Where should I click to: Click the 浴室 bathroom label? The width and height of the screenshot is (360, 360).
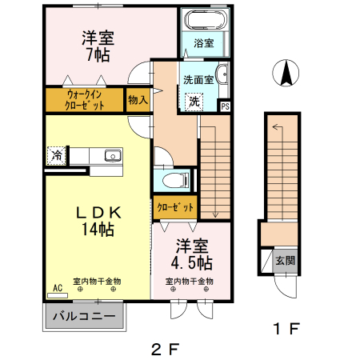(204, 44)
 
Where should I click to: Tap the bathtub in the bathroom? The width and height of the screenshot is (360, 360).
(205, 21)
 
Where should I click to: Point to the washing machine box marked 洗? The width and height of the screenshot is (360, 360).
(194, 102)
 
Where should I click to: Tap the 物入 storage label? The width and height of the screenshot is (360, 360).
(138, 100)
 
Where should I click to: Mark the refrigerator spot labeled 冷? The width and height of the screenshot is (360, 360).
(56, 154)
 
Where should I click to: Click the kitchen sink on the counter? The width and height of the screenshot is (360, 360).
(111, 154)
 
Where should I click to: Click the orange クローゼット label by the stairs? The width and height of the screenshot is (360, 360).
(175, 208)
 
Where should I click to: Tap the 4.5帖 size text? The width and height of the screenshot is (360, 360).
(191, 262)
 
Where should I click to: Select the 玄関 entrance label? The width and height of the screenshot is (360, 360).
(285, 260)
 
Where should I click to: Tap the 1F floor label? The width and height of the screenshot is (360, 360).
(285, 328)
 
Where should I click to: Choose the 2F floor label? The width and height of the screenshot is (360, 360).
(164, 348)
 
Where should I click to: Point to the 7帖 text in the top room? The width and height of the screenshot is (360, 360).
(98, 54)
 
